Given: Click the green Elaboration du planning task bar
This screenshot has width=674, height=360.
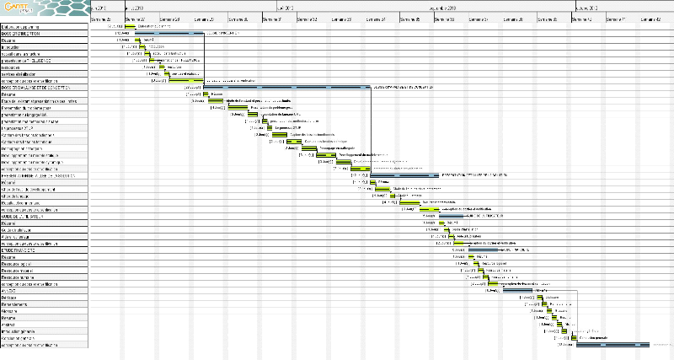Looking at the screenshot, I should pyautogui.click(x=130, y=26).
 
